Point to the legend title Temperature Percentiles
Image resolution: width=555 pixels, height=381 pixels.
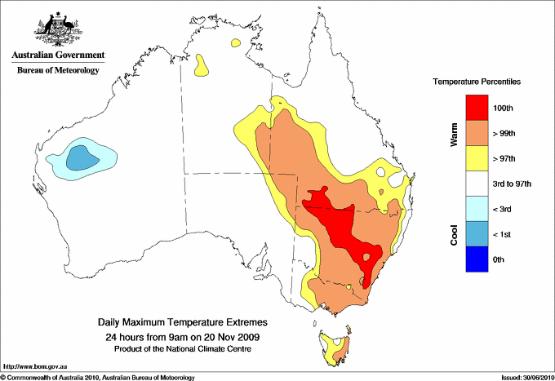click(x=477, y=82)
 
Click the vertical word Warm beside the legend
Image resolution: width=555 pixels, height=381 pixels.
click(x=455, y=135)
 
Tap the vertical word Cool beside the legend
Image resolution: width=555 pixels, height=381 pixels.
click(x=455, y=234)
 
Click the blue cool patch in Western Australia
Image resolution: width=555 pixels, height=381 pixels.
click(x=79, y=157)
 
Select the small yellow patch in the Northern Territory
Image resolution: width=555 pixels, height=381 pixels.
click(x=201, y=66)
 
